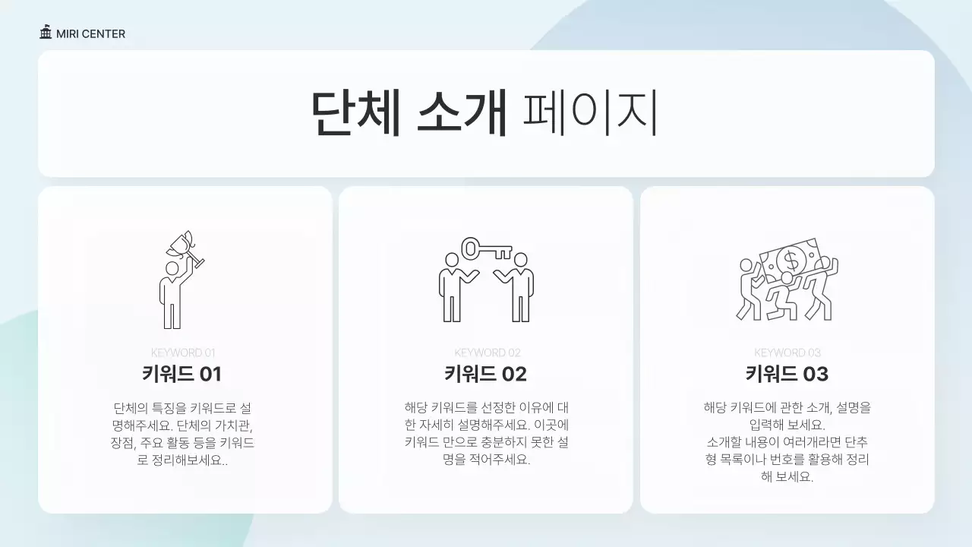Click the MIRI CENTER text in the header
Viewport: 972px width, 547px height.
[x=90, y=33]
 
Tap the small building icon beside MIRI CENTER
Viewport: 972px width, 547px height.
[x=46, y=33]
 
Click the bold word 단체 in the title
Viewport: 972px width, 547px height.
[x=356, y=114]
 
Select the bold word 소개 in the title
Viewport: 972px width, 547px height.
[x=462, y=114]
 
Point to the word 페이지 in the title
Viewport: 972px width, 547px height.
[x=590, y=114]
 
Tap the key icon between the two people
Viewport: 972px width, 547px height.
[x=486, y=248]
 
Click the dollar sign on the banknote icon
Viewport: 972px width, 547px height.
[x=791, y=261]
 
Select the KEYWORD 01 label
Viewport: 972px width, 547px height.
[x=183, y=353]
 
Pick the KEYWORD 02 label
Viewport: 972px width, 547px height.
[x=487, y=353]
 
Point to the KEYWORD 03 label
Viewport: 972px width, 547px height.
[x=787, y=353]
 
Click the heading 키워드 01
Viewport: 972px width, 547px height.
[x=182, y=374]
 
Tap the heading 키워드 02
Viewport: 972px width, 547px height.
[x=486, y=374]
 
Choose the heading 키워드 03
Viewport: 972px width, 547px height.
[x=787, y=374]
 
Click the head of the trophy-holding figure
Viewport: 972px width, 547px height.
[x=172, y=268]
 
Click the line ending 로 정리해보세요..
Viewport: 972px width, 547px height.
[x=182, y=460]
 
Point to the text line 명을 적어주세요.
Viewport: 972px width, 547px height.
[x=486, y=460]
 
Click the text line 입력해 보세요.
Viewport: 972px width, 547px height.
[x=787, y=425]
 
